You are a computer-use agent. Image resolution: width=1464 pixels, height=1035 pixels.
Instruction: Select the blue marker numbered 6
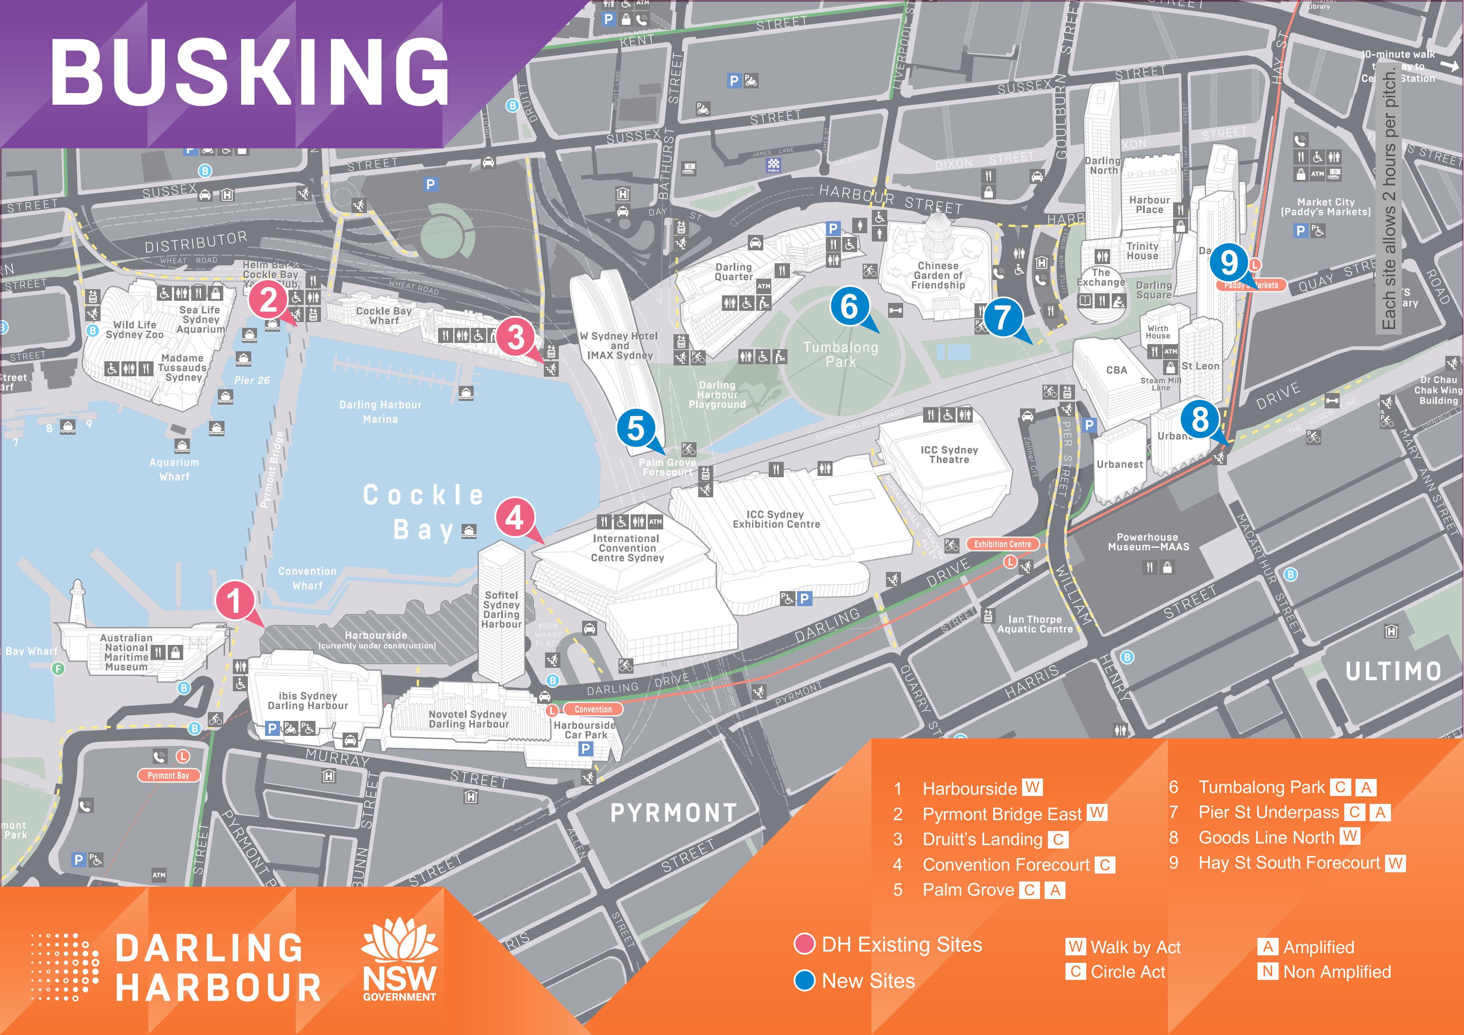point(849,307)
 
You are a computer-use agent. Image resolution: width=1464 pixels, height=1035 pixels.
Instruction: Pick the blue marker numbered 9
point(1229,262)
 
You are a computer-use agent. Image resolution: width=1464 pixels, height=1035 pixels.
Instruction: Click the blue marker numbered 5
point(636,428)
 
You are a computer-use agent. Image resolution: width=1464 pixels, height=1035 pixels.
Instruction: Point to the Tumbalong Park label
point(841,354)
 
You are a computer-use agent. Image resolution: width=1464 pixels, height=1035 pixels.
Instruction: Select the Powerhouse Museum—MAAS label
point(1148,542)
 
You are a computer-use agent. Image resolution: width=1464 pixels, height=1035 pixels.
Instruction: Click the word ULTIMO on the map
point(1393,671)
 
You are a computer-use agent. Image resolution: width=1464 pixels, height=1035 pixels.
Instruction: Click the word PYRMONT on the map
point(673,813)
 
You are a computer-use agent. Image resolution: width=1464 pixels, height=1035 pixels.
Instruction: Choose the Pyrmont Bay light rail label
point(168,775)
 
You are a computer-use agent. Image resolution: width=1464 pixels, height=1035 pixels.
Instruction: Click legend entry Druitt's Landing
point(982,839)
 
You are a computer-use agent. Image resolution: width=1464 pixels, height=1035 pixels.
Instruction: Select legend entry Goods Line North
point(1266,837)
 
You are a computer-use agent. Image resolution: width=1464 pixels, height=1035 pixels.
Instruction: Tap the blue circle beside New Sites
point(805,980)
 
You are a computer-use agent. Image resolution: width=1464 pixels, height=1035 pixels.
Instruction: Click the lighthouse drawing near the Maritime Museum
point(78,601)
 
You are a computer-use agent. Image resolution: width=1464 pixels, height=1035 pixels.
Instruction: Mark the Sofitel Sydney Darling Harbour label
point(501,609)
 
